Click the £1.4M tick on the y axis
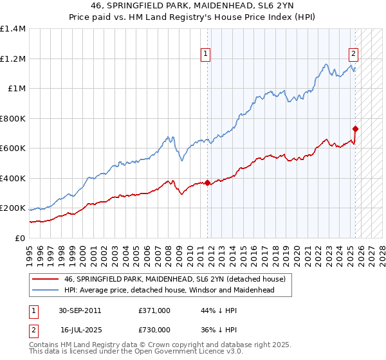(13, 29)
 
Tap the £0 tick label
(21, 239)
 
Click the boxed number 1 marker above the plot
(205, 55)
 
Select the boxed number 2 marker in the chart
(354, 55)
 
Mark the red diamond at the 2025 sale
(355, 129)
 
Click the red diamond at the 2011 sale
(207, 183)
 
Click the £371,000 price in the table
(154, 310)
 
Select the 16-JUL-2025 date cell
(81, 329)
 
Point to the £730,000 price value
(154, 329)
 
